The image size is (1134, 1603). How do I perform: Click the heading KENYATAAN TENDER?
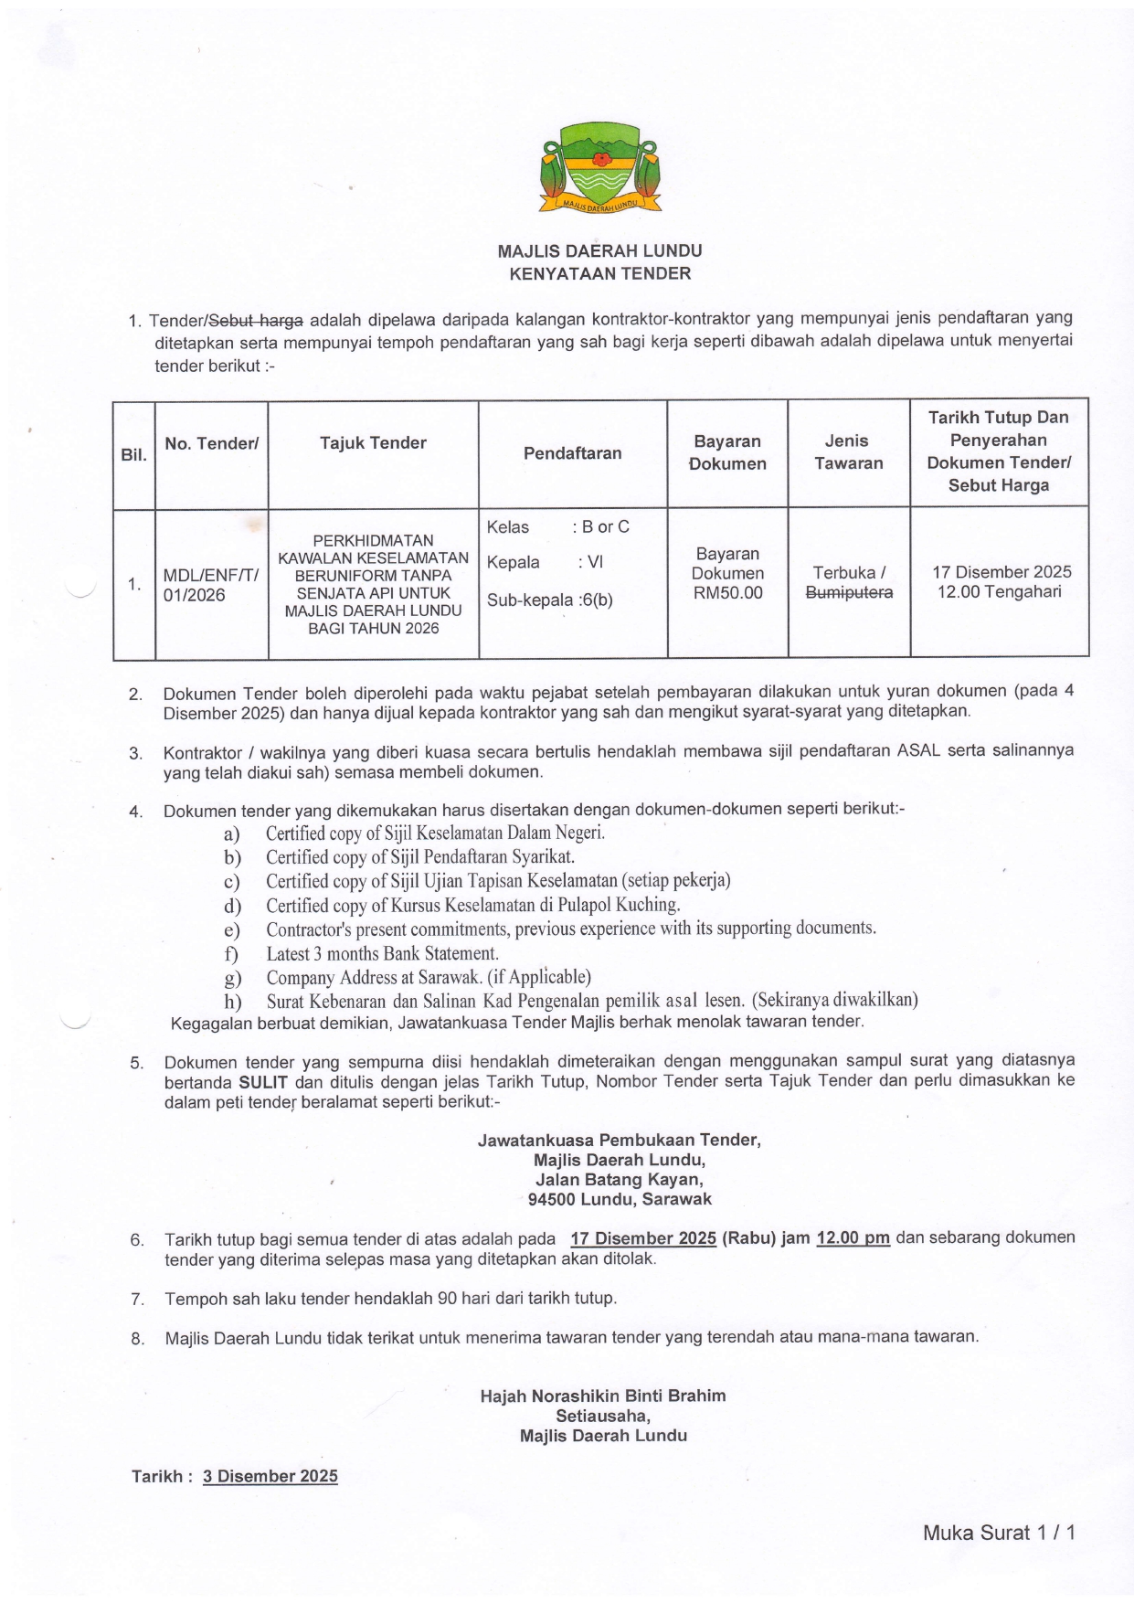pos(599,273)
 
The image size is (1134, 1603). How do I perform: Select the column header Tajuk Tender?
pos(373,443)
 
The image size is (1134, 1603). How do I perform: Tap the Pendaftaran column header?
pos(572,453)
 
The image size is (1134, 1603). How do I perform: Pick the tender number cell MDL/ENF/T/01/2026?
pos(210,585)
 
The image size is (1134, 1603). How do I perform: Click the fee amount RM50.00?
pos(727,593)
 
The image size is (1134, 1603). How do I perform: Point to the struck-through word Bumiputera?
pos(849,592)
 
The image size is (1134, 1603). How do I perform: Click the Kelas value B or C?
pos(605,526)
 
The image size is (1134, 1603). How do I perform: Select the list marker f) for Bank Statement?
pos(231,954)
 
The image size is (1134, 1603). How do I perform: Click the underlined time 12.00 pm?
pos(853,1238)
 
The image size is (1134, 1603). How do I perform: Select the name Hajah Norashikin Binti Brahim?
pos(603,1396)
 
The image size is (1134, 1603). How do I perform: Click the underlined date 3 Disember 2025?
pos(270,1476)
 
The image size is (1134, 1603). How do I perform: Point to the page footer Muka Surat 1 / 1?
pos(999,1533)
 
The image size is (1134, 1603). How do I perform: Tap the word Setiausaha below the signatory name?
pos(603,1416)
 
